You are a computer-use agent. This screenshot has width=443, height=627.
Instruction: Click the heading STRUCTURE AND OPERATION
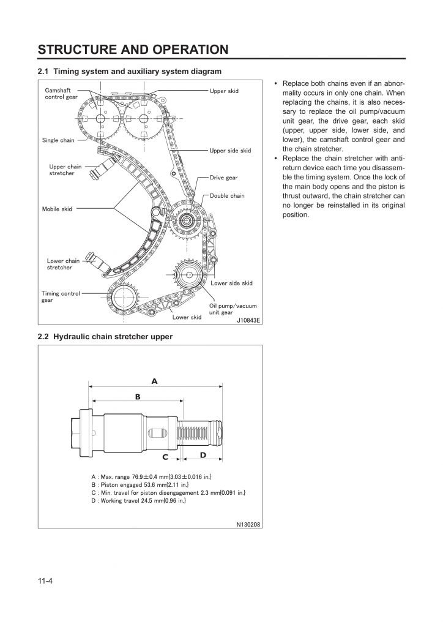click(x=133, y=49)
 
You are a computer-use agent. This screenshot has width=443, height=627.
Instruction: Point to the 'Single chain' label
click(x=58, y=140)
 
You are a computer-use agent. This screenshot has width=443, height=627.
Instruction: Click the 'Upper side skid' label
click(x=230, y=150)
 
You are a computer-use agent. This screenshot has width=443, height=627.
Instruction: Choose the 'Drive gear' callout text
click(x=223, y=178)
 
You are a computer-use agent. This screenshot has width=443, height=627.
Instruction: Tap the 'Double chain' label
click(x=227, y=196)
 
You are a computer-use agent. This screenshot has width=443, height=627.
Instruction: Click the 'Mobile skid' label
click(x=57, y=209)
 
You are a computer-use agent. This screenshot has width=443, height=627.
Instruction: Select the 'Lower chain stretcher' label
click(x=63, y=264)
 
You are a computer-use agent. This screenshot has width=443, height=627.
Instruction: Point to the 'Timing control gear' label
click(x=61, y=296)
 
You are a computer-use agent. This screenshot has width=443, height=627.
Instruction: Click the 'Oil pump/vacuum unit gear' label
click(x=233, y=309)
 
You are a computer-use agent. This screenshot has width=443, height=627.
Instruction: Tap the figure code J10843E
click(x=248, y=319)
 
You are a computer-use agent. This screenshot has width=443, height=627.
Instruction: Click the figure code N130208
click(x=248, y=524)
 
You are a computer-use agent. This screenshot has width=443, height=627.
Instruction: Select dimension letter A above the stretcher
click(x=154, y=381)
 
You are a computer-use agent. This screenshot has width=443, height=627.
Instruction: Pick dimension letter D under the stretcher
click(x=203, y=454)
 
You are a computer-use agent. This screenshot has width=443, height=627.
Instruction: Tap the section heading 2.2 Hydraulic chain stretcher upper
click(x=105, y=337)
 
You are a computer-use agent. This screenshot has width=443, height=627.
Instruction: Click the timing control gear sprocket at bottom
click(x=124, y=300)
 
